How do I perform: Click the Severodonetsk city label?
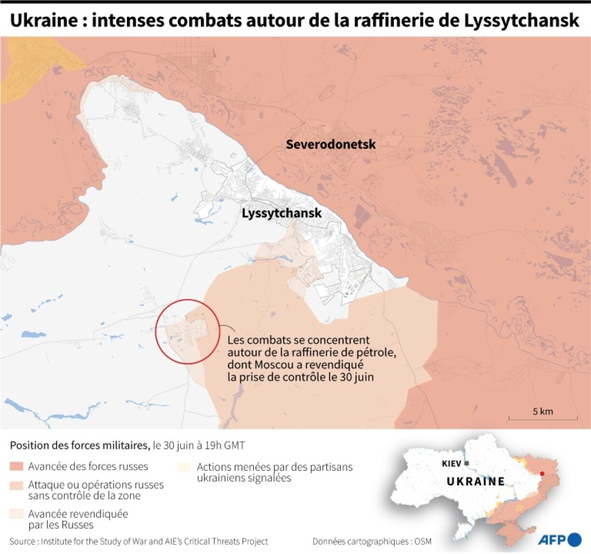pyautogui.click(x=330, y=144)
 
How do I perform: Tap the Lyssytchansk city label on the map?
pyautogui.click(x=281, y=213)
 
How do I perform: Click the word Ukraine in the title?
pyautogui.click(x=43, y=20)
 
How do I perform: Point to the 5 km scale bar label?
pyautogui.click(x=543, y=411)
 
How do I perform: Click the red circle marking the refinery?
pyautogui.click(x=188, y=331)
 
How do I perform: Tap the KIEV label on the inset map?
pyautogui.click(x=451, y=464)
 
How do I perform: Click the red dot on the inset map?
pyautogui.click(x=542, y=474)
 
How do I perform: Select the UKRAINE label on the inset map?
pyautogui.click(x=476, y=481)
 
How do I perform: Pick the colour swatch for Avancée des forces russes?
pyautogui.click(x=16, y=467)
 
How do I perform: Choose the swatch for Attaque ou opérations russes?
pyautogui.click(x=16, y=485)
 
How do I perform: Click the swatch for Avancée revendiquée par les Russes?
pyautogui.click(x=16, y=514)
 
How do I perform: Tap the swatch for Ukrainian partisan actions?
pyautogui.click(x=184, y=467)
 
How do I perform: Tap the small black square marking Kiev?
pyautogui.click(x=466, y=464)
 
